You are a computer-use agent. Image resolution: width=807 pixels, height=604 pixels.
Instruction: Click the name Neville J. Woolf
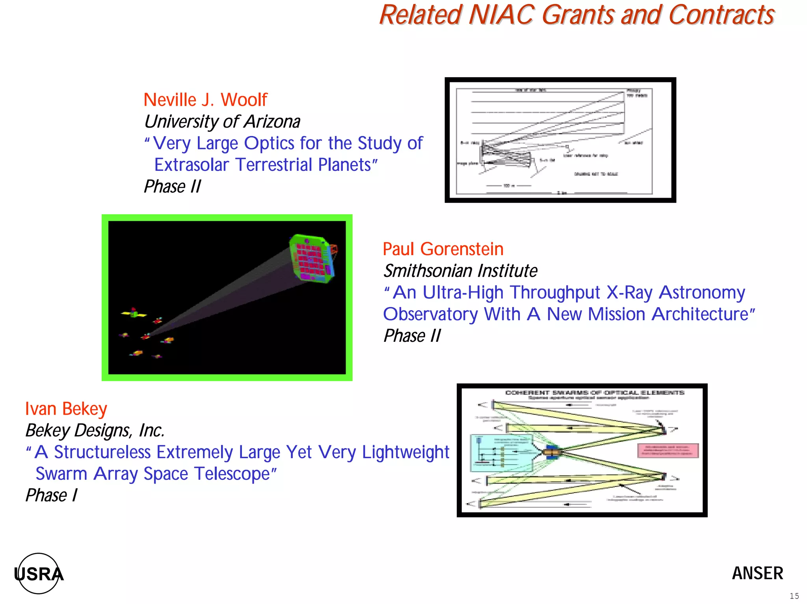(x=205, y=100)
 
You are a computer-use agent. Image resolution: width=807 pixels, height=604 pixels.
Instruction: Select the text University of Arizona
(x=222, y=122)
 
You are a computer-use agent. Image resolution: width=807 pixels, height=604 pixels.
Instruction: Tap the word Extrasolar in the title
(x=192, y=165)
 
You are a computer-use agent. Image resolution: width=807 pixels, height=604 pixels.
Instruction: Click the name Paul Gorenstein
(x=443, y=249)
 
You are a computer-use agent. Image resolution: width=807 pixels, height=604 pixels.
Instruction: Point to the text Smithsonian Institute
(x=460, y=271)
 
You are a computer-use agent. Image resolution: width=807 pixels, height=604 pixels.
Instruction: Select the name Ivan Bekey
(x=66, y=409)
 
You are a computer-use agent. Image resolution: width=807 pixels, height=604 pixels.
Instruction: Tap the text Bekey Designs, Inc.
(x=95, y=431)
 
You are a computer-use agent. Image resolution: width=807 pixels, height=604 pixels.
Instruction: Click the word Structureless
(x=102, y=452)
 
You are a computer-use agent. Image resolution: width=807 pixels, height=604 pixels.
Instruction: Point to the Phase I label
(x=51, y=496)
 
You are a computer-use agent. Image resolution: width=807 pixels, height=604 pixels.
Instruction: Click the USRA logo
(x=39, y=574)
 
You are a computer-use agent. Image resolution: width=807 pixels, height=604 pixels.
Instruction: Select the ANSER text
(x=757, y=573)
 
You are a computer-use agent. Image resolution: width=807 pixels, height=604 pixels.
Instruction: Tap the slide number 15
(x=794, y=596)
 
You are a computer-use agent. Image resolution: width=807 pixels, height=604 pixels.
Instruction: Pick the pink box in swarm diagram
(x=668, y=451)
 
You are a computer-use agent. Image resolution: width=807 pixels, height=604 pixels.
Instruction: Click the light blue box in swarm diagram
(x=500, y=453)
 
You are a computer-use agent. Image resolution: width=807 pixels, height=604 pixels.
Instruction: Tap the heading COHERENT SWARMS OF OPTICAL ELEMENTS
(x=595, y=393)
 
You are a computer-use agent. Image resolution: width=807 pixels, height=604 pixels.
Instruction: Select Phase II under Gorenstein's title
(x=412, y=336)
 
